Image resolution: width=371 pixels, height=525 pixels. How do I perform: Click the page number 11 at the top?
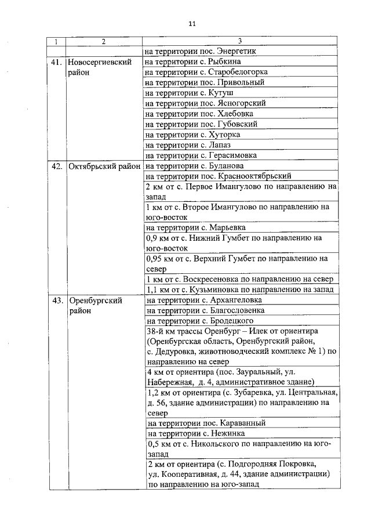pyautogui.click(x=192, y=24)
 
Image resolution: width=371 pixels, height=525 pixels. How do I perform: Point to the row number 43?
pyautogui.click(x=56, y=300)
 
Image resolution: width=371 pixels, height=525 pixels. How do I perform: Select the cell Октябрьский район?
pyautogui.click(x=104, y=166)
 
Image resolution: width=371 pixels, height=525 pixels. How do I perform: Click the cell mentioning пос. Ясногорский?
pyautogui.click(x=205, y=103)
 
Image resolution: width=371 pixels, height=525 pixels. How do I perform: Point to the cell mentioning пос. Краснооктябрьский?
pyautogui.click(x=218, y=176)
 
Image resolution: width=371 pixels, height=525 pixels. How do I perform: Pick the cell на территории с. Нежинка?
pyautogui.click(x=197, y=433)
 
